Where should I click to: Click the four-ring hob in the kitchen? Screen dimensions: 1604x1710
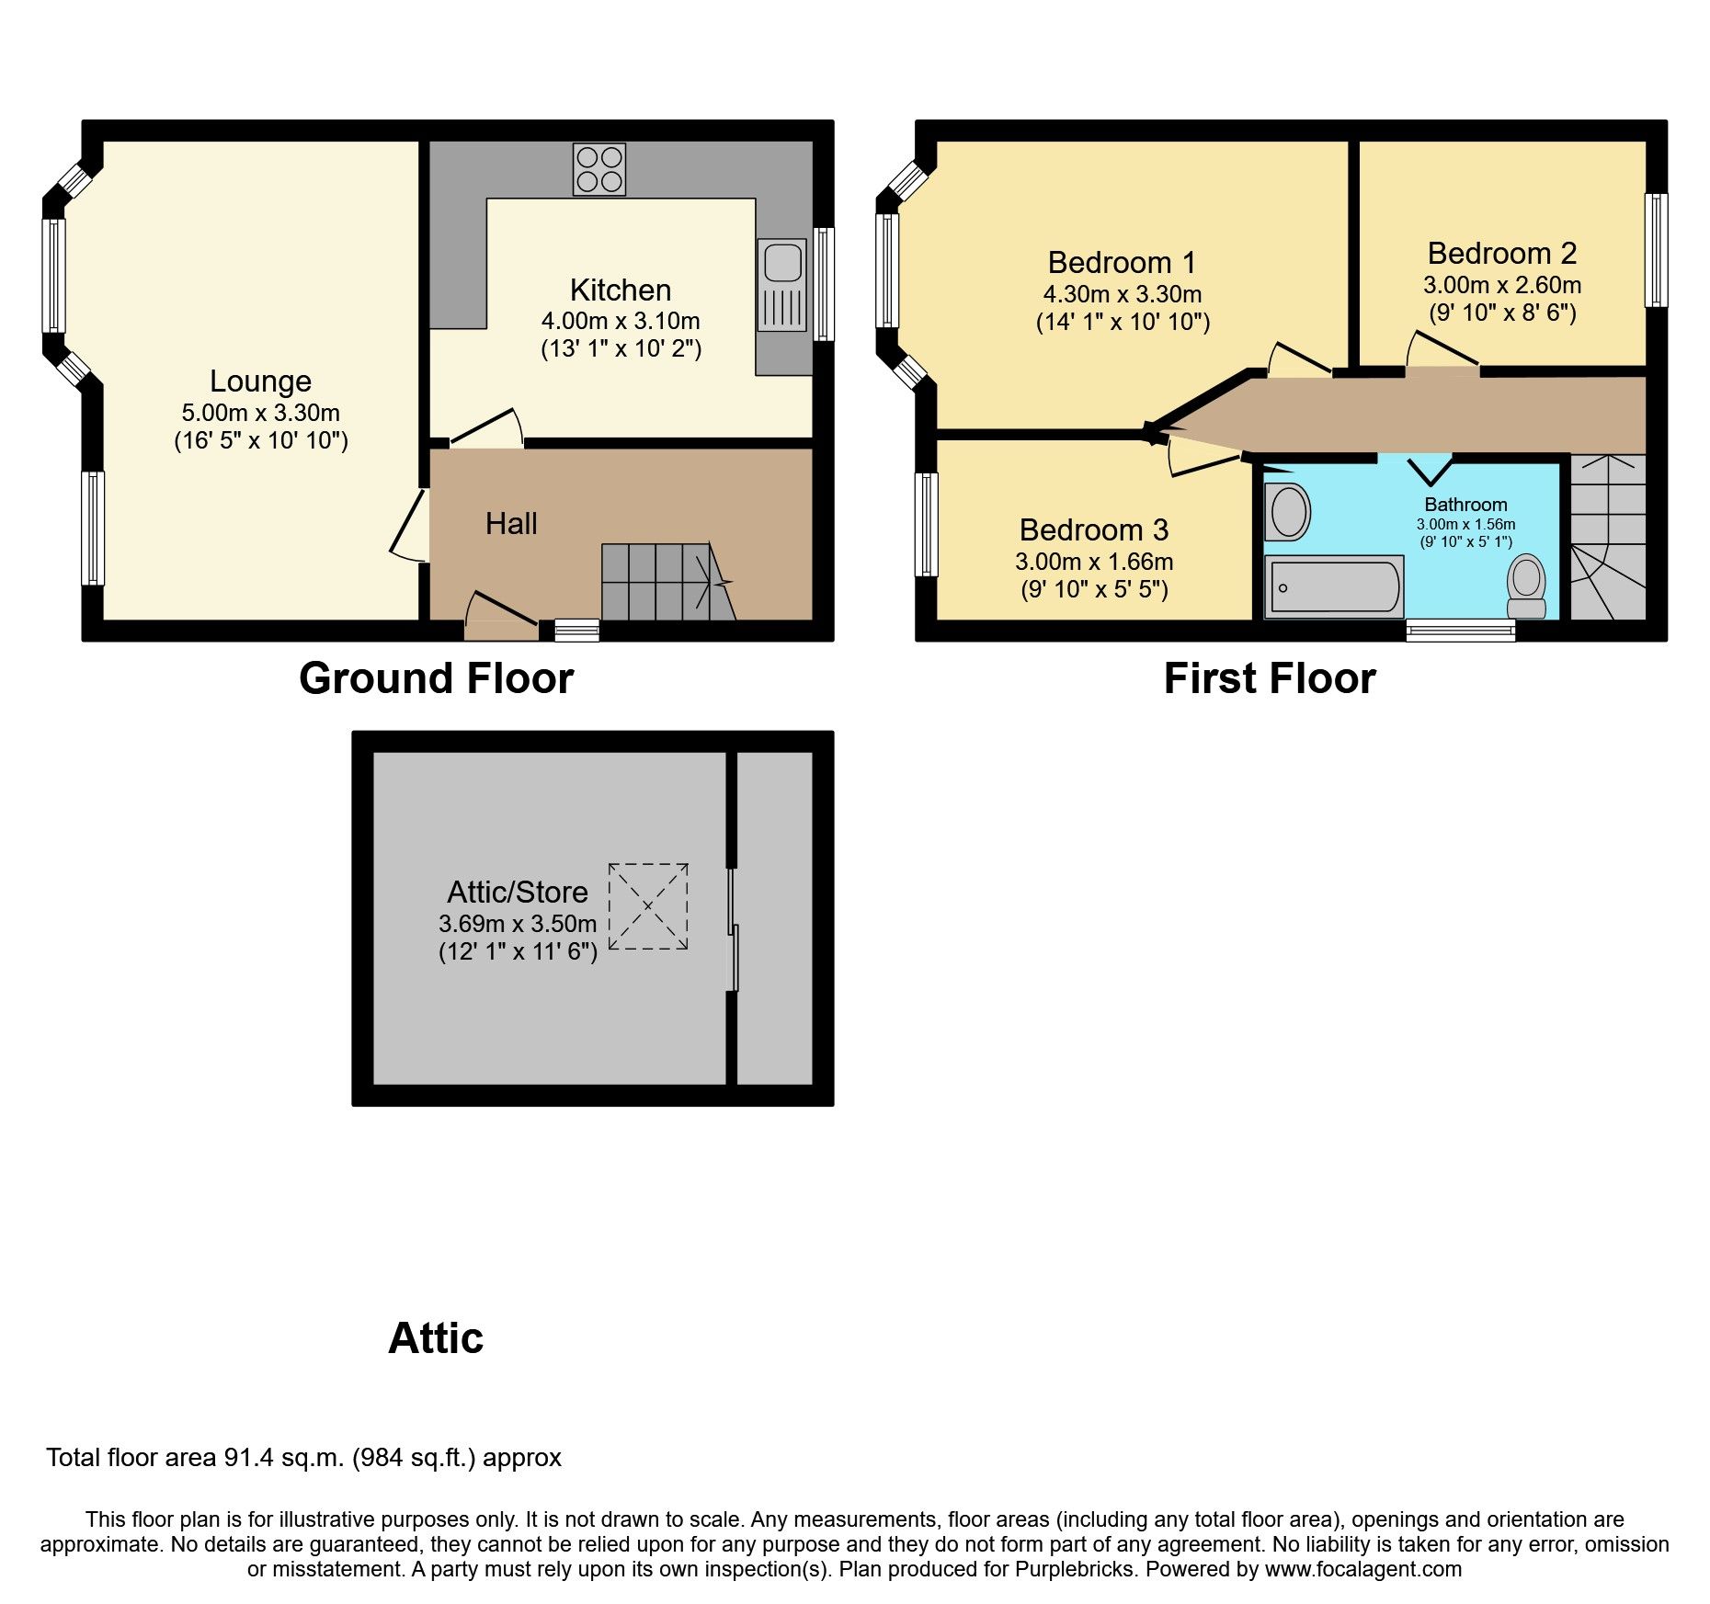click(598, 169)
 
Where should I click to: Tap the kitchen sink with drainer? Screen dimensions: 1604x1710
click(781, 285)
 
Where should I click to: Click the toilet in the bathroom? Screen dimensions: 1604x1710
click(1526, 586)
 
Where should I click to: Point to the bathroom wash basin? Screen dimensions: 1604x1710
click(1287, 512)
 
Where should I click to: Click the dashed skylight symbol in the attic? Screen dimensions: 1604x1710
click(648, 906)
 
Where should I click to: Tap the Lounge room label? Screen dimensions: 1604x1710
click(260, 381)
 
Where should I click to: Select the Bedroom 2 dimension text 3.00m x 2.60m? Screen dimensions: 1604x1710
click(1501, 285)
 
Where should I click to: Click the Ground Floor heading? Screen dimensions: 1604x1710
click(436, 679)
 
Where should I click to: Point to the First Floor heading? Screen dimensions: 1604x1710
click(1269, 679)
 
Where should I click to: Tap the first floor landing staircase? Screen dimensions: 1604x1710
click(1607, 538)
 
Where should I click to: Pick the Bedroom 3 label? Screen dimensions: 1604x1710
click(1093, 530)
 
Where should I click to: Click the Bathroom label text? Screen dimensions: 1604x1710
click(1465, 505)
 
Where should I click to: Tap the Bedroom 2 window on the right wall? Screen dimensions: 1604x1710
click(1656, 250)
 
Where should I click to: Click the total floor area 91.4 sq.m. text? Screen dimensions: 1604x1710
click(303, 1458)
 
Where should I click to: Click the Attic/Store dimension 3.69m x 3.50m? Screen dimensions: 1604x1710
click(518, 924)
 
